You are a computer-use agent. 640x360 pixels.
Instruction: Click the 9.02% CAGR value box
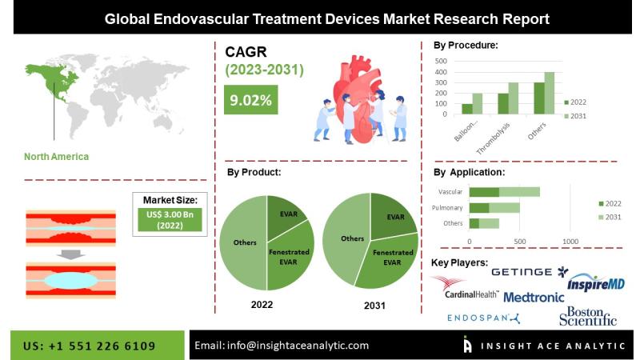point(250,99)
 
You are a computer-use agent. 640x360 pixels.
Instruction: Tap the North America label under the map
point(56,156)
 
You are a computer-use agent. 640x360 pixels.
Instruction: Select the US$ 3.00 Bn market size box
point(170,219)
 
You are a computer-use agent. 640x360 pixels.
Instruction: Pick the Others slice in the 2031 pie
point(347,238)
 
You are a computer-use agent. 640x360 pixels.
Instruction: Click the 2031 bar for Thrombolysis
point(513,98)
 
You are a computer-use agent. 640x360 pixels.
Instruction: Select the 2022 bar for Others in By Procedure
point(538,98)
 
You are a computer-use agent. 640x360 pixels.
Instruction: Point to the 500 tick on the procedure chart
point(441,61)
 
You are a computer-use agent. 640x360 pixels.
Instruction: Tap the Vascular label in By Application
point(450,191)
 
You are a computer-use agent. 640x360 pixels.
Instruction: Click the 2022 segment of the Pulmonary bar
point(479,208)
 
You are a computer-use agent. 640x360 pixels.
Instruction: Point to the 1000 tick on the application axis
point(570,242)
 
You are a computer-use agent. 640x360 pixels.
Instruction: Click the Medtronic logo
point(534,297)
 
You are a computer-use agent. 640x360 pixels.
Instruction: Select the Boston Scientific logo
point(588,316)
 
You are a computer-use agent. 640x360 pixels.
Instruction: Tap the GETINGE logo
point(530,272)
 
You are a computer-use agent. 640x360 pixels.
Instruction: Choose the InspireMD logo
point(596,282)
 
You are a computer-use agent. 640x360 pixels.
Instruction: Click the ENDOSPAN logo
point(483,318)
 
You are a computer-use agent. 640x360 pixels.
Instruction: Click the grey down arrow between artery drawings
point(70,254)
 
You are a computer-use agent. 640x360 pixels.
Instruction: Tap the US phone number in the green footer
point(89,346)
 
